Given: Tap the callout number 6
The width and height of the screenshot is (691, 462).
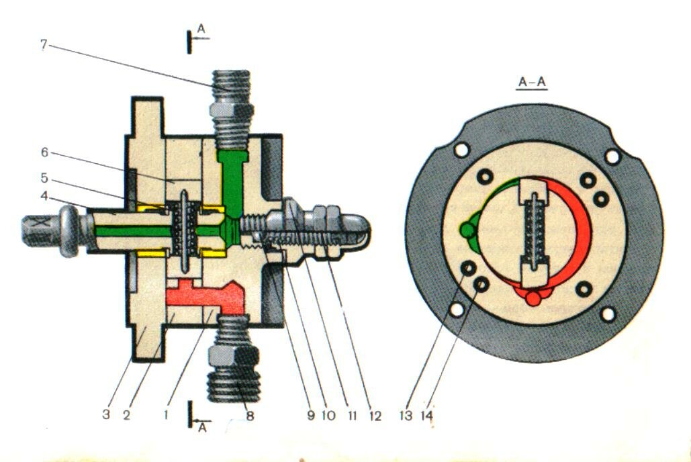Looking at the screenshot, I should click(44, 152).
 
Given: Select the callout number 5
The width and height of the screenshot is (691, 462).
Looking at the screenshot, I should click(44, 179).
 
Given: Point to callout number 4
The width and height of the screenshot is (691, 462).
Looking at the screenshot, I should click(44, 197).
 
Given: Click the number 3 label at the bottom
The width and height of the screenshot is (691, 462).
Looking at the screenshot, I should click(106, 414).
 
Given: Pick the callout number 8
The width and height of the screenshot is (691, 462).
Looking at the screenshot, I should click(250, 416).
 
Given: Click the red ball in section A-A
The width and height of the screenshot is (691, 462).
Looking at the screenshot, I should click(533, 297).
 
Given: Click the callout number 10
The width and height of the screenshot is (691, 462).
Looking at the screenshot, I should click(328, 416).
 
